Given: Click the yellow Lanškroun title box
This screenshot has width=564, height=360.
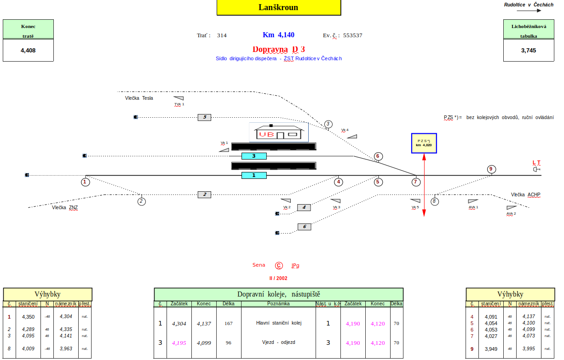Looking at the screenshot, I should click(278, 7).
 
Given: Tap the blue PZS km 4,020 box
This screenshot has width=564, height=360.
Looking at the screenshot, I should click(424, 143).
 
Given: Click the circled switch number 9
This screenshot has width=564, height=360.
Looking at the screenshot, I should click(491, 169).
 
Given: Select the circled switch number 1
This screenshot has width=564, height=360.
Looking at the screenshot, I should click(86, 182).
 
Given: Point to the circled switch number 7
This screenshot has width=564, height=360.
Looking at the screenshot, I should click(416, 182).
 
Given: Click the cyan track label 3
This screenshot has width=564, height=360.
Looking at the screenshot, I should click(254, 156).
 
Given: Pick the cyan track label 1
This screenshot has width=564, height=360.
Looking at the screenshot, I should click(254, 175).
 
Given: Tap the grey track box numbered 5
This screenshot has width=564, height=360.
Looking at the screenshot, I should click(204, 117).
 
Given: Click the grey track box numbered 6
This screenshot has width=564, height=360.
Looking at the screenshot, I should click(304, 227).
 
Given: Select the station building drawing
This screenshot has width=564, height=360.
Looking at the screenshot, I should click(278, 132).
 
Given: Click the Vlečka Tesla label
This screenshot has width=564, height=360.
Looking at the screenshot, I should click(139, 98).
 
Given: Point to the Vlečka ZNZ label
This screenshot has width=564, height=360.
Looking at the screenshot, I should click(65, 207).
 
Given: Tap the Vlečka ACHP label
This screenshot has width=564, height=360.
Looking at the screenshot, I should click(525, 194).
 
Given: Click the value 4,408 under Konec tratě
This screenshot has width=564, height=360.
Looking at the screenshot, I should click(28, 51).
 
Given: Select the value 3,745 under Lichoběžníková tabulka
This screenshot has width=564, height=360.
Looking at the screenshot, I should click(529, 51).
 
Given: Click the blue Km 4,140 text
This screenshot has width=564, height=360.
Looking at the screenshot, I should click(278, 35).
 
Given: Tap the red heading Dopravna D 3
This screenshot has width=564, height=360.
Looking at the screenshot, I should click(278, 49).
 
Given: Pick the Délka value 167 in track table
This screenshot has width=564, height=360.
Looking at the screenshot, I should click(229, 323).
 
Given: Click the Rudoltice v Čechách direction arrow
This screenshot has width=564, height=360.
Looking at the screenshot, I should click(529, 10).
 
